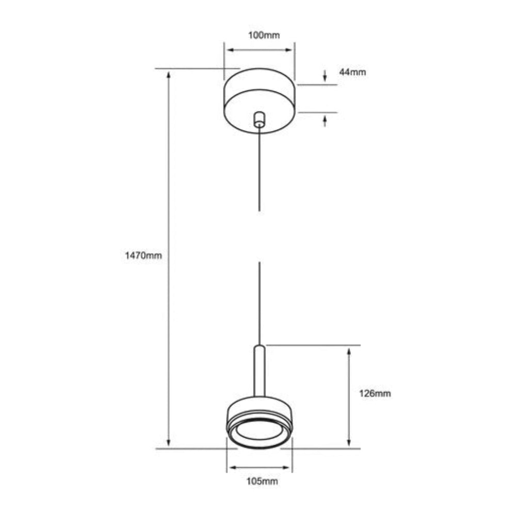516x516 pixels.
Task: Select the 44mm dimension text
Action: click(x=352, y=72)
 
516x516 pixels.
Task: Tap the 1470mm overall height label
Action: click(x=143, y=255)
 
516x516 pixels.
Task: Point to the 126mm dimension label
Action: click(x=375, y=394)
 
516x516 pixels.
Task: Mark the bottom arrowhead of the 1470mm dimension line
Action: click(x=169, y=443)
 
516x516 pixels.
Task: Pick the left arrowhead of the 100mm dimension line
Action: click(x=230, y=50)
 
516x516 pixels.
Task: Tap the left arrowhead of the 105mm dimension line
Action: click(x=231, y=468)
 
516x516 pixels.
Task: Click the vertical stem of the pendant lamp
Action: click(x=259, y=372)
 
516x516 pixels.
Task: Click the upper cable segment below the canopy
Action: click(x=259, y=170)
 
